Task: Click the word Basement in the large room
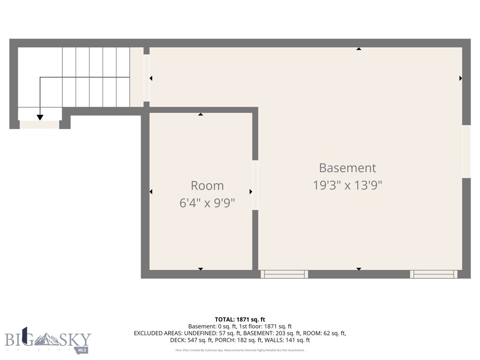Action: (x=347, y=168)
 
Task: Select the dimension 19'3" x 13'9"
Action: (x=347, y=185)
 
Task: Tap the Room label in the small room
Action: (x=207, y=185)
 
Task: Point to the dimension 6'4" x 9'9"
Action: (x=207, y=203)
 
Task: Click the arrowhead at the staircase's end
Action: (x=40, y=117)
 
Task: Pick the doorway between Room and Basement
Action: (x=255, y=185)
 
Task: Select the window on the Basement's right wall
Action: (x=466, y=151)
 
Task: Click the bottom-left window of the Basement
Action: (x=284, y=274)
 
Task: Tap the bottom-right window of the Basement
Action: (x=434, y=274)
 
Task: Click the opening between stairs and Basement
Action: (x=147, y=78)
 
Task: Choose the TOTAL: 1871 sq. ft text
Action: (x=240, y=319)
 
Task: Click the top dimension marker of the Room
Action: (x=201, y=114)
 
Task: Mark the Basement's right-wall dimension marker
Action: (x=461, y=78)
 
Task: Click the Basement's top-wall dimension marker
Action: (x=359, y=49)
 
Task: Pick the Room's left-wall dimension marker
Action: (x=151, y=191)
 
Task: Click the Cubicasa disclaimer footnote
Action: (x=240, y=350)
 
